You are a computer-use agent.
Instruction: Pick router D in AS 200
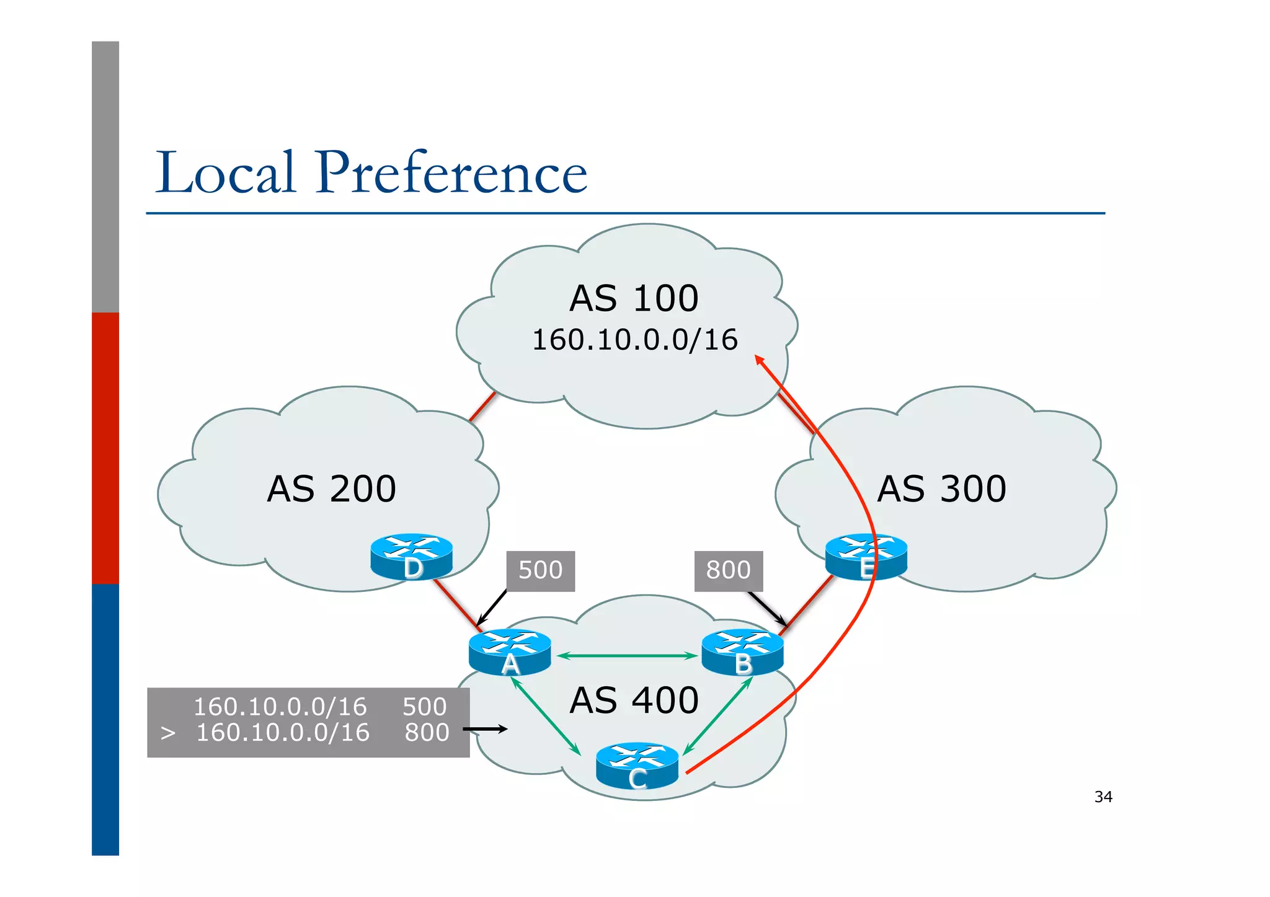tap(411, 556)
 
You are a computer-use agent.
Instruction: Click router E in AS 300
tap(866, 556)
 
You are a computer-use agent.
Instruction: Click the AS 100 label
tap(634, 298)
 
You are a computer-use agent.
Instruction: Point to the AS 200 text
tap(331, 488)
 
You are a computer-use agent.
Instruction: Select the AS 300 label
tap(941, 488)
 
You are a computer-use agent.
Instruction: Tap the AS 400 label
tap(634, 700)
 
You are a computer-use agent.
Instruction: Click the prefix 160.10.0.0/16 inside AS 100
tap(635, 340)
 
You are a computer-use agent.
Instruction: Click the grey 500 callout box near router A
tap(540, 570)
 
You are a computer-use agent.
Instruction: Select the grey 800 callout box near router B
tap(728, 570)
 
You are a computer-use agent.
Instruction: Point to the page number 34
tap(1103, 797)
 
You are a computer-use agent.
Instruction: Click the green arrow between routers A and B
tap(627, 655)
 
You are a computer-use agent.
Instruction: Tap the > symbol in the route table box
tap(167, 733)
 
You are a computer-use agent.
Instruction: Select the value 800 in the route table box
tap(427, 733)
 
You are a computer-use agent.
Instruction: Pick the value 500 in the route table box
tap(424, 707)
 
